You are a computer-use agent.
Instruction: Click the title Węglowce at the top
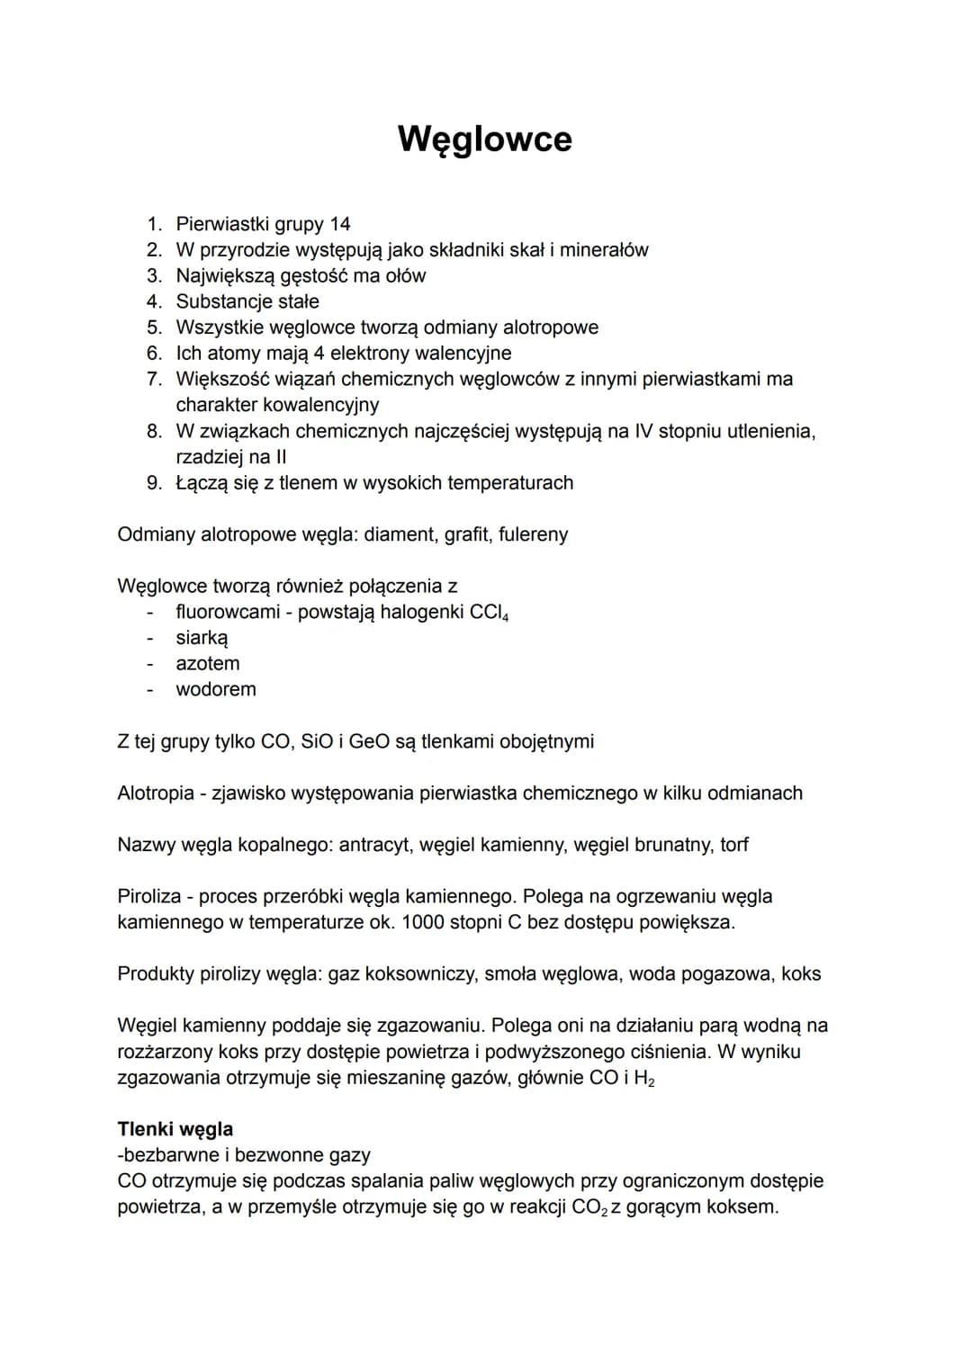(x=484, y=139)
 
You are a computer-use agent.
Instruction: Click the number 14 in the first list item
(x=339, y=224)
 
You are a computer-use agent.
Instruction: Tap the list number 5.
(x=155, y=327)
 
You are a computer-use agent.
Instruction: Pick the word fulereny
(x=533, y=535)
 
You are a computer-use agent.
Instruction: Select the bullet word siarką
(x=202, y=639)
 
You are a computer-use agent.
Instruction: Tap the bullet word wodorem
(x=216, y=690)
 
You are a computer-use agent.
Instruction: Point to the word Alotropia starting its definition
(x=156, y=794)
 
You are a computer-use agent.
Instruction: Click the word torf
(x=733, y=846)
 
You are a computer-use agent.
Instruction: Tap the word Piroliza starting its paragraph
(x=149, y=897)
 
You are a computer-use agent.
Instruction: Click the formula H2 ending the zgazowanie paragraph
(x=643, y=1079)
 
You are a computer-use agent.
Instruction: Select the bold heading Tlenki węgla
(x=175, y=1130)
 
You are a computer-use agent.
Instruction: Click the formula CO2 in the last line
(x=589, y=1207)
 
